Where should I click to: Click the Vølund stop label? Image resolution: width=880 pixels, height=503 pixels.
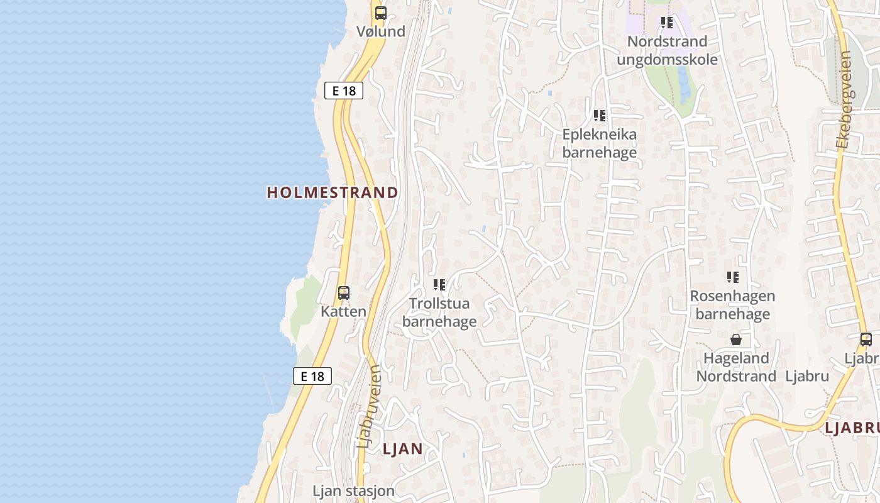[x=380, y=31]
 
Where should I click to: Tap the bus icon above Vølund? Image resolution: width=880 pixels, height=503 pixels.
[x=380, y=13]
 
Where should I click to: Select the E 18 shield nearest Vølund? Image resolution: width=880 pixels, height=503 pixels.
[x=344, y=91]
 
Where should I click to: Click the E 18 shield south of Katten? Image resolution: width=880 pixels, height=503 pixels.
[x=312, y=376]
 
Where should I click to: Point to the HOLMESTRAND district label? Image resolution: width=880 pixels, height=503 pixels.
[x=333, y=192]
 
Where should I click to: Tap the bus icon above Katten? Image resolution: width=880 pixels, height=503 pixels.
[x=343, y=292]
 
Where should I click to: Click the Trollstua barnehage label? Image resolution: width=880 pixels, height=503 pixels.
[x=439, y=312]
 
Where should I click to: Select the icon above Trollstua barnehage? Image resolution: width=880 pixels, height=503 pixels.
[x=439, y=285]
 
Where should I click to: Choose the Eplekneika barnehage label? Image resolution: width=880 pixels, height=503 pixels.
[x=599, y=143]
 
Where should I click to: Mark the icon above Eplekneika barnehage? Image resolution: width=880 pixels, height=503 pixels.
[x=599, y=116]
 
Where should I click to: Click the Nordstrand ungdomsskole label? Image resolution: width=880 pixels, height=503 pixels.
[x=667, y=50]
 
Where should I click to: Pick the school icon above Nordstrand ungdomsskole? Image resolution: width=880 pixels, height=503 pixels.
[x=667, y=23]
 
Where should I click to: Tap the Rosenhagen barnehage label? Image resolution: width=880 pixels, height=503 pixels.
[x=732, y=304]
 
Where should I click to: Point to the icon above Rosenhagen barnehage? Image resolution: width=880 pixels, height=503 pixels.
[x=732, y=277]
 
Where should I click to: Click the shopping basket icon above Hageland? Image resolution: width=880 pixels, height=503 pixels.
[x=736, y=340]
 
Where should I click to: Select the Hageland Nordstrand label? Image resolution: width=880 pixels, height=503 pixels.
[x=736, y=367]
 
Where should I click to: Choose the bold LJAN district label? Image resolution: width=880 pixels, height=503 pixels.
[x=402, y=448]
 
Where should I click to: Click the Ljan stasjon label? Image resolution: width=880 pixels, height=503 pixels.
[x=354, y=490]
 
